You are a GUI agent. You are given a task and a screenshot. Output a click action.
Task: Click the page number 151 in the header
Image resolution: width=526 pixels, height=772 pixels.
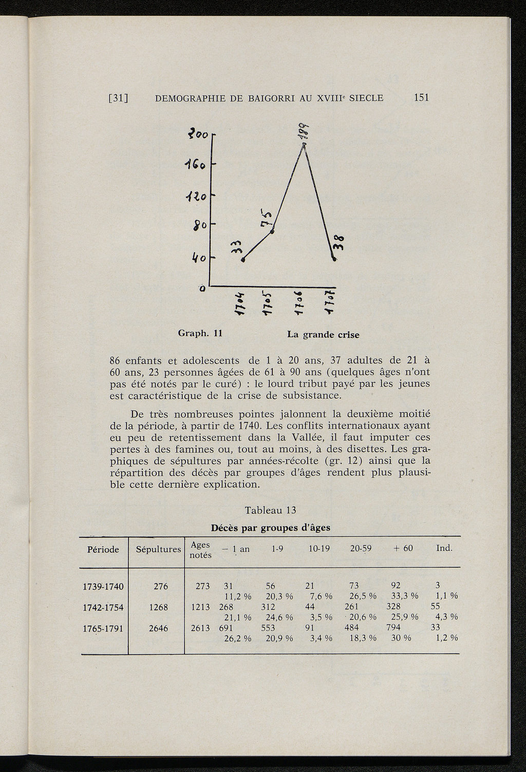pos(421,98)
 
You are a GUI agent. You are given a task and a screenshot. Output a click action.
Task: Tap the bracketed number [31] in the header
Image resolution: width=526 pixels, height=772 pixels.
pos(118,98)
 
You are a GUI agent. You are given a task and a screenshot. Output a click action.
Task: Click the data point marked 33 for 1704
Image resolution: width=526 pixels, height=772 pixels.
pos(242,260)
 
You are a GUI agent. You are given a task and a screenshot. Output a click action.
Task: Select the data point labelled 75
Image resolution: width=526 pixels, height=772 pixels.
pos(272,231)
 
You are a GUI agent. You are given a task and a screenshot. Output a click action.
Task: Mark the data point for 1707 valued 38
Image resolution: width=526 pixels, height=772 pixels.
pos(334,259)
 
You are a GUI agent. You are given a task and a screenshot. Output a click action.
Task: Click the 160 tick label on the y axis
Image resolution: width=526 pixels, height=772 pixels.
pos(196,166)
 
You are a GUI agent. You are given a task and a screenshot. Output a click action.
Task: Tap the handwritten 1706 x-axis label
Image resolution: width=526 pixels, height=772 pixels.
pos(303,304)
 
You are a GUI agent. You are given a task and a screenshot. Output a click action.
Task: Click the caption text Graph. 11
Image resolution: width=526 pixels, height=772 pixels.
pos(199,333)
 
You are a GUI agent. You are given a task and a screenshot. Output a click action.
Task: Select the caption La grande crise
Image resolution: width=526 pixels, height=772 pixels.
pos(323,335)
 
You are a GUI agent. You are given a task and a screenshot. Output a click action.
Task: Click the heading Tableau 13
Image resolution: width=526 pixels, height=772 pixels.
pos(271,510)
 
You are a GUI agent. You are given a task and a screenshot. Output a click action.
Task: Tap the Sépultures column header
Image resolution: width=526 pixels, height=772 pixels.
pos(158,549)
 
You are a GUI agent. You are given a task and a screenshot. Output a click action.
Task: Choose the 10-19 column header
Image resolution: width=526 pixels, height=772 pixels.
pos(318,549)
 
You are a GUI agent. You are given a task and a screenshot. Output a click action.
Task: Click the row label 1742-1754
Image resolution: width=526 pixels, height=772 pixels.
pos(103,607)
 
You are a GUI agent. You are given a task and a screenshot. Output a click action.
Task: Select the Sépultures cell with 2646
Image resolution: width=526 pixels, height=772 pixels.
pos(158,628)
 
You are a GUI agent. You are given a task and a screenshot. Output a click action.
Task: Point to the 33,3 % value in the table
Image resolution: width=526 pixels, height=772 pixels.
pos(404,596)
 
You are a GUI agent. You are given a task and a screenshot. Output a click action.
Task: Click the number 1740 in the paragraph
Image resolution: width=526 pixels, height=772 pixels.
pos(241,426)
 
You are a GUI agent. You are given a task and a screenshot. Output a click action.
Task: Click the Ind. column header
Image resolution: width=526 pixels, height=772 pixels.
pos(444,548)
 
